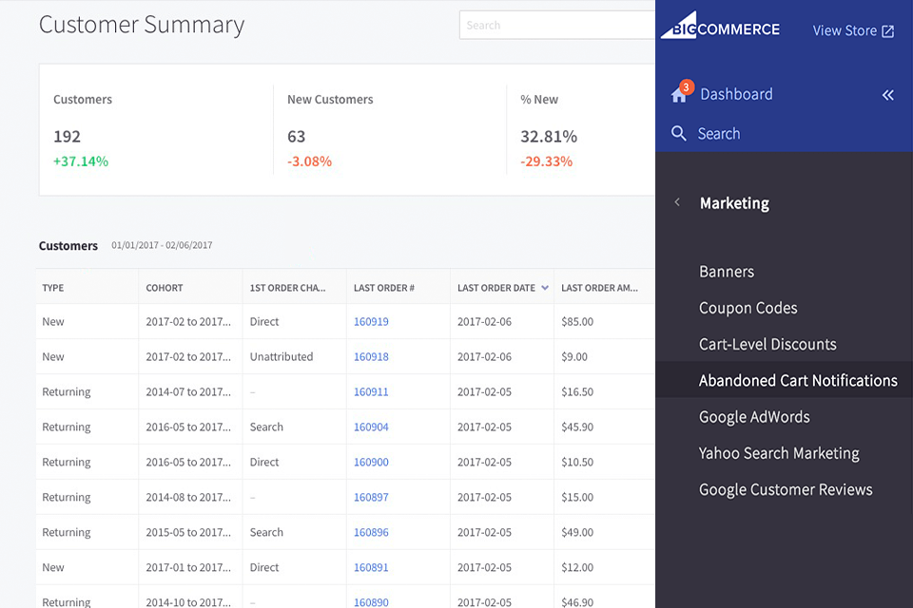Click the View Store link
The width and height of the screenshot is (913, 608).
853,30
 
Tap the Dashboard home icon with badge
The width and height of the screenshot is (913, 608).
679,93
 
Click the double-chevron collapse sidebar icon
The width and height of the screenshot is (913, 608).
887,95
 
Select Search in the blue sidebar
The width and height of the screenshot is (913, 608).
718,134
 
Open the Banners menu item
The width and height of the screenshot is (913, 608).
727,272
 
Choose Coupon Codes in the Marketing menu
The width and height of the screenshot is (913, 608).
748,308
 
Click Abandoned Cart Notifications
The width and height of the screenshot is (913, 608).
798,381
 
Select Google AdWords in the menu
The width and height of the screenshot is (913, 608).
754,417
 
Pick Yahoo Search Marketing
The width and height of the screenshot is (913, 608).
779,453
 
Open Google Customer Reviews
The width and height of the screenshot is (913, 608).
786,490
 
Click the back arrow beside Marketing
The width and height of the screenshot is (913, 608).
677,202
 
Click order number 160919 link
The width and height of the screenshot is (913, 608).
371,322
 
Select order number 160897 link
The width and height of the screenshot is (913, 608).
371,498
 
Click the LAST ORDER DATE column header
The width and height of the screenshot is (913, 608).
496,288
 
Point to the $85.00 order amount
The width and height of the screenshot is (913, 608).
577,322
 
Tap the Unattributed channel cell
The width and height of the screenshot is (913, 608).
281,357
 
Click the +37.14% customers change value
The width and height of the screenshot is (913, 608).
81,161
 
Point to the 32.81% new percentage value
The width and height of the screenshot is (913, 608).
549,137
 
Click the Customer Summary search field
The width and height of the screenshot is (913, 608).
557,26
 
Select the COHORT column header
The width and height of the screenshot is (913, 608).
165,288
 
